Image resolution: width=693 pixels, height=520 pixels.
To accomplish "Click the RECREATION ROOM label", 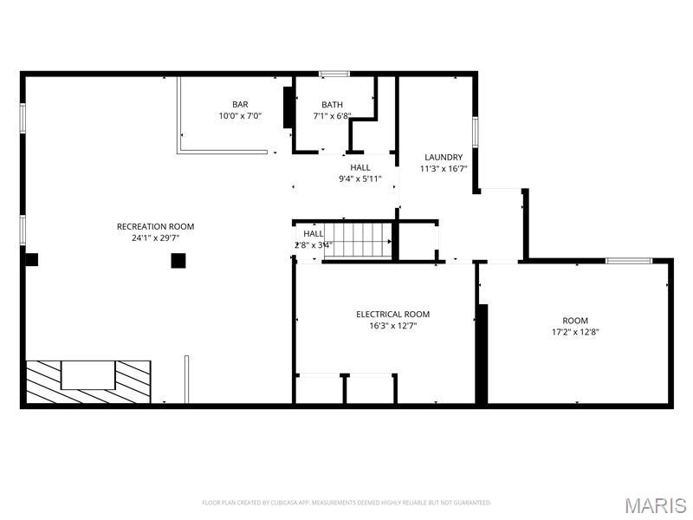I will (156, 226).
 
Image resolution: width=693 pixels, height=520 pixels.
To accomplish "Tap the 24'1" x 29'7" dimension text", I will (156, 237).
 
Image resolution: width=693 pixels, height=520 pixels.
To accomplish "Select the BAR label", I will (240, 105).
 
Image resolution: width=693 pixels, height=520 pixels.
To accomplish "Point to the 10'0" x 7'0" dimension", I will (240, 116).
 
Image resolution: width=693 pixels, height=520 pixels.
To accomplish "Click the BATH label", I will (332, 105).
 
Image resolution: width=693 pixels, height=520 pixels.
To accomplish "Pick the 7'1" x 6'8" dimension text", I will (332, 116).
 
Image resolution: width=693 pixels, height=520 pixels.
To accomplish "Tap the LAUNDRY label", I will (444, 158).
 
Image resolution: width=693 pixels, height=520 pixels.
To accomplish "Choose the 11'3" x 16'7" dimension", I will (444, 169).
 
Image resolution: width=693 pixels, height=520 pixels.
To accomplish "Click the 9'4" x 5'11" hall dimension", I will (359, 179).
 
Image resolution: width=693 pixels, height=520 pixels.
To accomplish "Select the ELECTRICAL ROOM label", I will (392, 315).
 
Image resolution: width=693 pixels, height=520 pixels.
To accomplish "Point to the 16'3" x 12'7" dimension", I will (392, 326).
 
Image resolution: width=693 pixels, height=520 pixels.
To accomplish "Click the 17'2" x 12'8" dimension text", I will (575, 332).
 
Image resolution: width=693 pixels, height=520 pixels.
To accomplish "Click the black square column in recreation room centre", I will (178, 260).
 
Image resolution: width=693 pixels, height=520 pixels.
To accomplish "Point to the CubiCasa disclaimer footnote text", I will (346, 503).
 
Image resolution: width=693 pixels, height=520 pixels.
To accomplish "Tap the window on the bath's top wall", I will (334, 74).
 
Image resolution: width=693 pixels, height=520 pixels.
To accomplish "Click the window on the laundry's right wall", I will (475, 130).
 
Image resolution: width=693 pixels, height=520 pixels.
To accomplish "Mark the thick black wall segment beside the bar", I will (288, 107).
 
